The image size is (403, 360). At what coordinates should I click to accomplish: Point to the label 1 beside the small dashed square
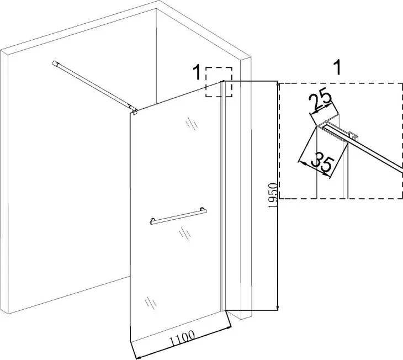point(195,71)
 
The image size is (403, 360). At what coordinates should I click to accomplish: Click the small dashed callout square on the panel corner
point(219,82)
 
